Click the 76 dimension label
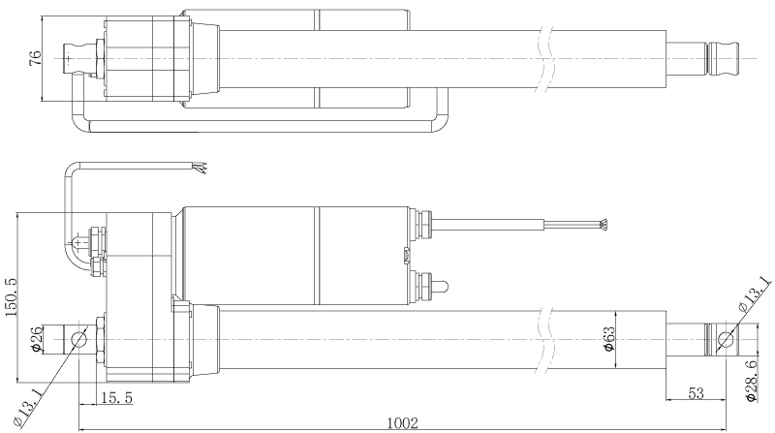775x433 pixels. point(36,58)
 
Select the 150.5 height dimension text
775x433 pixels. point(12,296)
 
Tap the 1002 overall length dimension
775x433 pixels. point(402,423)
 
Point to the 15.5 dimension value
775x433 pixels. point(116,398)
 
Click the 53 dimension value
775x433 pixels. point(696,393)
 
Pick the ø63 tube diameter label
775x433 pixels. point(609,339)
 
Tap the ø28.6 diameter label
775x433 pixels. point(752,380)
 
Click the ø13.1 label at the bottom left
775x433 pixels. point(27,407)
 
